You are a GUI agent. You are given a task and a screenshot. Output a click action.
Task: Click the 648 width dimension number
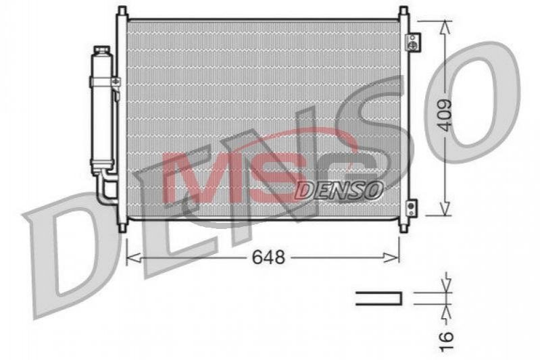coord(268,257)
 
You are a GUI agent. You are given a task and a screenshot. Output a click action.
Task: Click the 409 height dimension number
coord(445,115)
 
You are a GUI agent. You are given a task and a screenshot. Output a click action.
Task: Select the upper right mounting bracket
coord(412,43)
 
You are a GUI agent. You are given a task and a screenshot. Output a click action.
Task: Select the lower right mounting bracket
coord(411,208)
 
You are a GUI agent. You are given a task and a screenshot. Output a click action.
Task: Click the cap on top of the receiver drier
coord(101,50)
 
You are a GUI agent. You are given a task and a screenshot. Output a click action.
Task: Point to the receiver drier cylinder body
coord(102,110)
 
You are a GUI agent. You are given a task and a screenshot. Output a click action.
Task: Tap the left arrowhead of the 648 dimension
coord(134,257)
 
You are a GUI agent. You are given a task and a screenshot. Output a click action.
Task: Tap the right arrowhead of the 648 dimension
coord(391,257)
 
